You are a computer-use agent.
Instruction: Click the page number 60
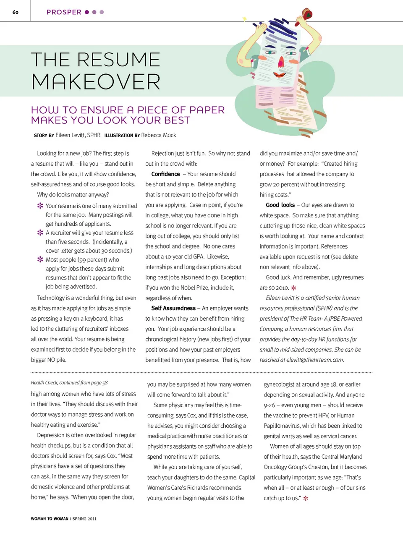point(16,12)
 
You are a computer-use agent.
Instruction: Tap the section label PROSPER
point(64,12)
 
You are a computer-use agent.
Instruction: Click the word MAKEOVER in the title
point(96,81)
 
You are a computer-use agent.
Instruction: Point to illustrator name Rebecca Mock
point(159,135)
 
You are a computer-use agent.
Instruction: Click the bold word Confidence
point(165,174)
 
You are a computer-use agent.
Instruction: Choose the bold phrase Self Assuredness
point(173,308)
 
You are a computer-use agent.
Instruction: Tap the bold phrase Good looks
point(280,205)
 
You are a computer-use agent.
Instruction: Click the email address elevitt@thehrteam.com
point(315,360)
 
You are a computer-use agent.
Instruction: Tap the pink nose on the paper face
point(281,63)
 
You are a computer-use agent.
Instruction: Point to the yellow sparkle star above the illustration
point(245,19)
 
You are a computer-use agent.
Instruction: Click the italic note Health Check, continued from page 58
point(69,382)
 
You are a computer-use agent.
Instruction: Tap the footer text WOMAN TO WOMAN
point(50,519)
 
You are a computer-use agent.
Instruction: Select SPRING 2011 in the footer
point(84,519)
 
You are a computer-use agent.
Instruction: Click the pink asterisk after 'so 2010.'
point(294,288)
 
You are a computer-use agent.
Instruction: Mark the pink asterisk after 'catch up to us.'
point(306,499)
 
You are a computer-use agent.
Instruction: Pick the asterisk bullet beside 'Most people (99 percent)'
point(40,259)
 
